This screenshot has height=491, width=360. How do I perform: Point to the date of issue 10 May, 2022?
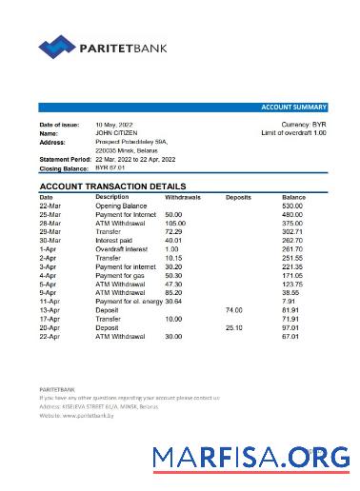(114, 126)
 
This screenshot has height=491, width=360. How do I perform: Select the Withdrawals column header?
(183, 197)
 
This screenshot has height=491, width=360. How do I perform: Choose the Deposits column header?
(238, 197)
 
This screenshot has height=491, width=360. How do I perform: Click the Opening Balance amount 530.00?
(292, 206)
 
